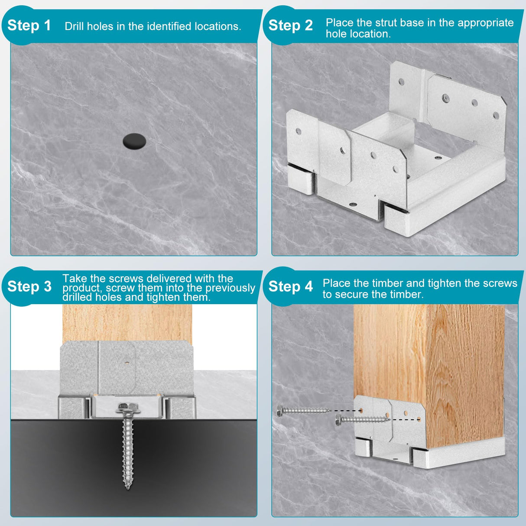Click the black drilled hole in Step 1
coord(134,142)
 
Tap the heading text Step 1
coord(29,26)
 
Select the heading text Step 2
coord(290,26)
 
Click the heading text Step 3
coord(29,286)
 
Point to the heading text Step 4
coord(290,286)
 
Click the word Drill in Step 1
coord(75,26)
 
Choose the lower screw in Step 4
coord(362,419)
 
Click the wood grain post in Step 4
coord(429,355)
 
